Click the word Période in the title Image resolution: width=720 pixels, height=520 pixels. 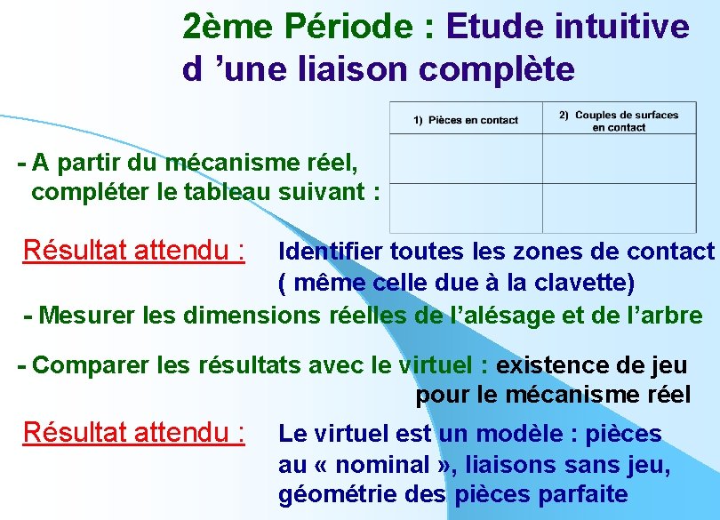click(351, 28)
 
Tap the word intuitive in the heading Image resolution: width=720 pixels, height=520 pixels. click(621, 27)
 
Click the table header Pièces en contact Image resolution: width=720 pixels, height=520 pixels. click(466, 120)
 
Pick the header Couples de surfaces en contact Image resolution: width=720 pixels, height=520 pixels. click(619, 121)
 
